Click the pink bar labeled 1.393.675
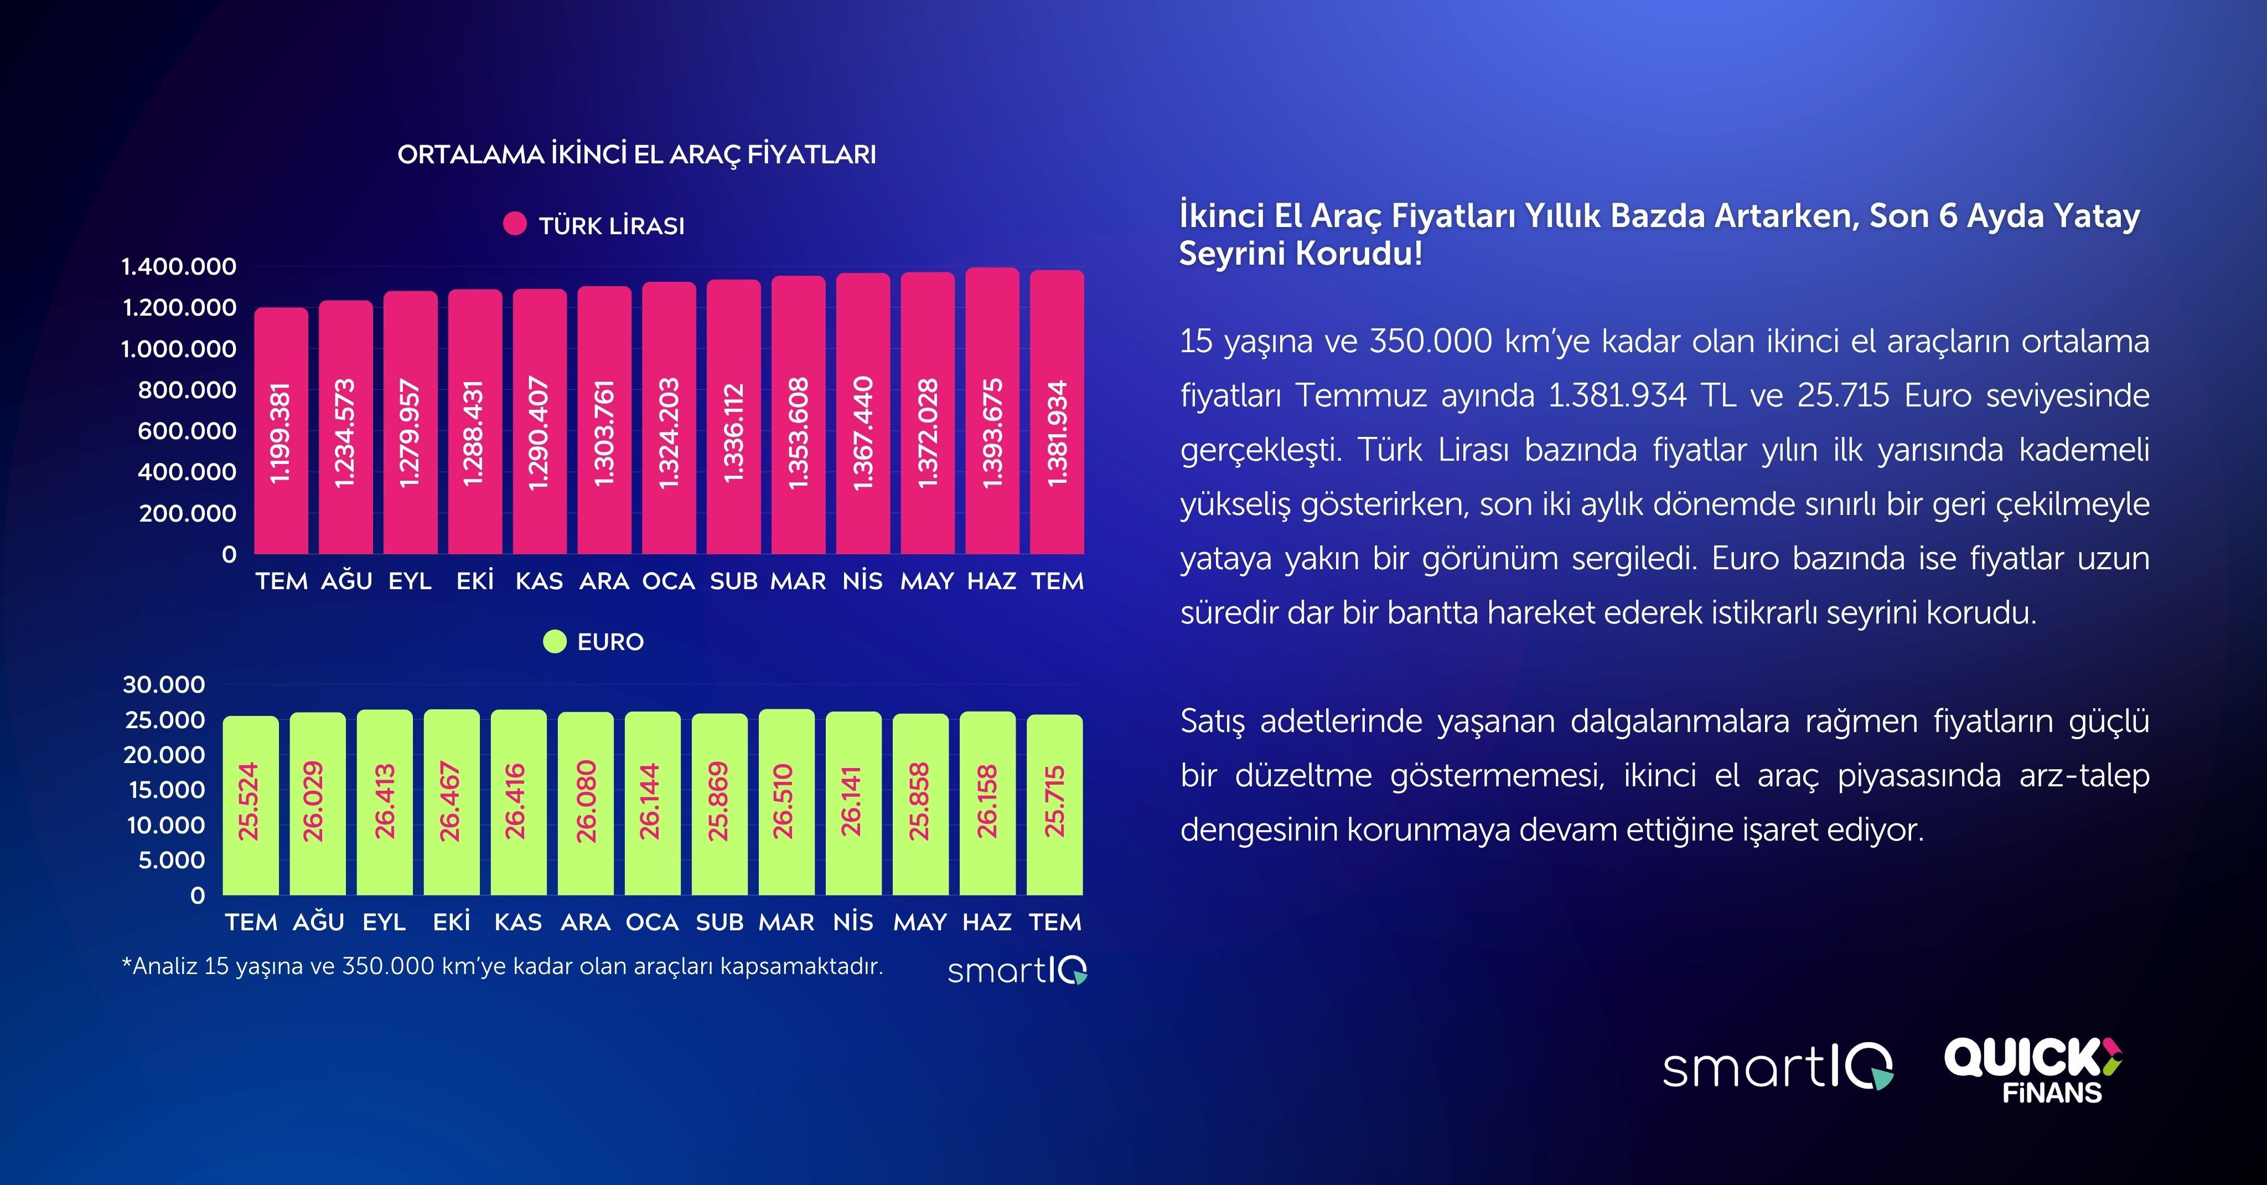tap(992, 410)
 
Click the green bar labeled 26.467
tap(452, 802)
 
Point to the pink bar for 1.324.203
tap(669, 418)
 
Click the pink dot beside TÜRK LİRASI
tap(515, 224)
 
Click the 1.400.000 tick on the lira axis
tap(179, 266)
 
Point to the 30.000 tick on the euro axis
tap(164, 684)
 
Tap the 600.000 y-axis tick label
tap(187, 430)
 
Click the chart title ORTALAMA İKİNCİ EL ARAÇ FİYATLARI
tap(636, 154)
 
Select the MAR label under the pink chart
tap(798, 581)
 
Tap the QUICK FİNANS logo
tap(2033, 1070)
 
